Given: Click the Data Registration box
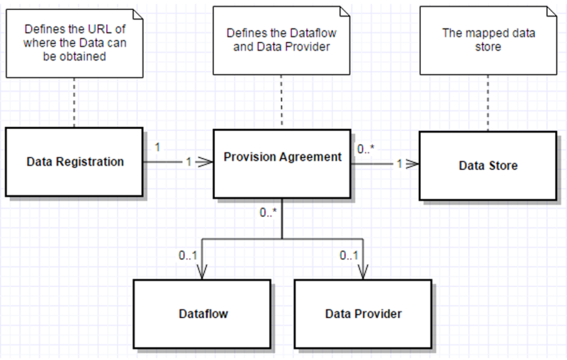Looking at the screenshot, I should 74,162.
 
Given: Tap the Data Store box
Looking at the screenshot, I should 487,166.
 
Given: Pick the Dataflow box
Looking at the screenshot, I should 202,313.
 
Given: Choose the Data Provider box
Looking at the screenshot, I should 363,313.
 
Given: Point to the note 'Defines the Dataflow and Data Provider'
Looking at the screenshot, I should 282,40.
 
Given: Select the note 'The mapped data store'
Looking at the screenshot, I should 488,40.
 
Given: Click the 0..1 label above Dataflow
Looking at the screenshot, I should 188,256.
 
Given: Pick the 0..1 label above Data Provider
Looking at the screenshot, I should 348,256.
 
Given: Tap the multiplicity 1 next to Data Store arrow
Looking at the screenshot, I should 400,164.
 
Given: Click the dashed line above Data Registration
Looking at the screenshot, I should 74,103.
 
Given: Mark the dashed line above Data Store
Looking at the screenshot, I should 488,103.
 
